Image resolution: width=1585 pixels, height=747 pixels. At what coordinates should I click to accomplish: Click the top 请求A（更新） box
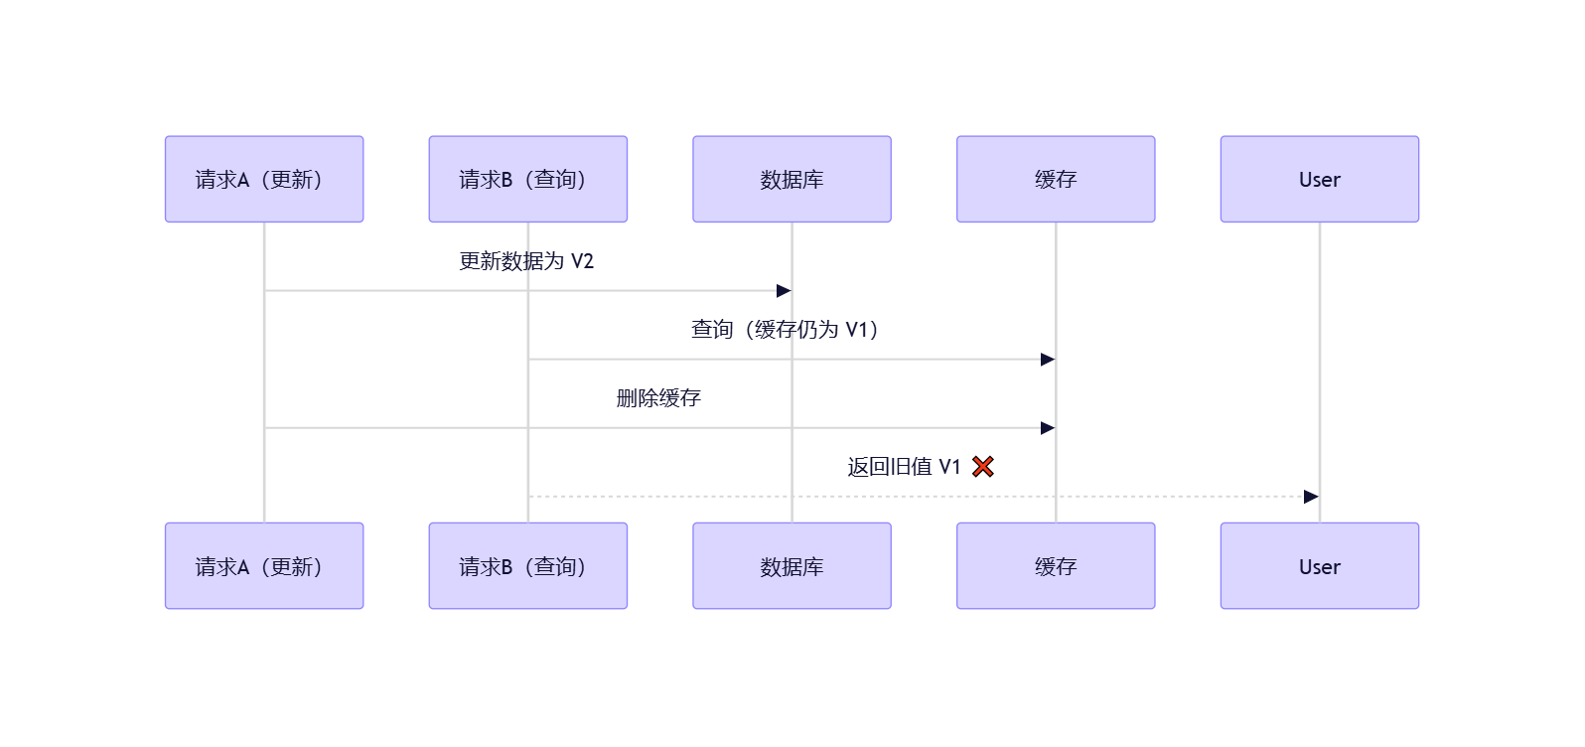pos(264,179)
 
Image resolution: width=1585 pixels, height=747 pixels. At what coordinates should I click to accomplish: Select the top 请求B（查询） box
pos(527,179)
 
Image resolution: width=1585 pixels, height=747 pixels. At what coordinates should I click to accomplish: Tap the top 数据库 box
pos(792,179)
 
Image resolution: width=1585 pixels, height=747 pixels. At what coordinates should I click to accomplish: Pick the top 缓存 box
pos(1056,179)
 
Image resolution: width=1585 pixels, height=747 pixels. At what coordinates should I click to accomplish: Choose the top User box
pos(1319,179)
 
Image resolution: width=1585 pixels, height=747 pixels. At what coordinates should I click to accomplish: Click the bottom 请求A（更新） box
pos(264,566)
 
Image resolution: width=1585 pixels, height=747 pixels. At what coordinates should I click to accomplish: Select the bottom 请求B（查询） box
pos(527,566)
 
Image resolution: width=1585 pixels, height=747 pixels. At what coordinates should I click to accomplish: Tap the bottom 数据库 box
pos(792,566)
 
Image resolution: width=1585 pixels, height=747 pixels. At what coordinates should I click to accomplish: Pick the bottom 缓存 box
pos(1056,566)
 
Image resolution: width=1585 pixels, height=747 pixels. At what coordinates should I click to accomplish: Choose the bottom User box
pos(1319,566)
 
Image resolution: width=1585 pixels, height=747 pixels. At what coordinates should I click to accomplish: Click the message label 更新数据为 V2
pos(526,261)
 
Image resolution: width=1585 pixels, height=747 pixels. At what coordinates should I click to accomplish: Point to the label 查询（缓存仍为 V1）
pos(785,330)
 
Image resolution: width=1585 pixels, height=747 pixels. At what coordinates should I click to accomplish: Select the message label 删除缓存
pos(658,398)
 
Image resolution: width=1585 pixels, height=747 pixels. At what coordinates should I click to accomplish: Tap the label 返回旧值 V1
pos(904,467)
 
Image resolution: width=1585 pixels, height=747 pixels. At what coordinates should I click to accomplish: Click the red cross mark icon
pos(983,467)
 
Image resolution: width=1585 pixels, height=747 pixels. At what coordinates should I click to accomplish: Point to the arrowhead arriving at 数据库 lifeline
pos(784,291)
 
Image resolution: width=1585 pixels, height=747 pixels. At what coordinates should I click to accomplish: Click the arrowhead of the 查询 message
pos(1048,360)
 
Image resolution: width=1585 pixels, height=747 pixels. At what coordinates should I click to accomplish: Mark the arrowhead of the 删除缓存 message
pos(1048,428)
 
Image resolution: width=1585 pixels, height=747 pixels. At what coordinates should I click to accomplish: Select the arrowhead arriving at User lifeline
pos(1311,497)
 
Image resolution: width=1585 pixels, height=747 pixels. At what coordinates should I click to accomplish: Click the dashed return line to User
pos(924,497)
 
